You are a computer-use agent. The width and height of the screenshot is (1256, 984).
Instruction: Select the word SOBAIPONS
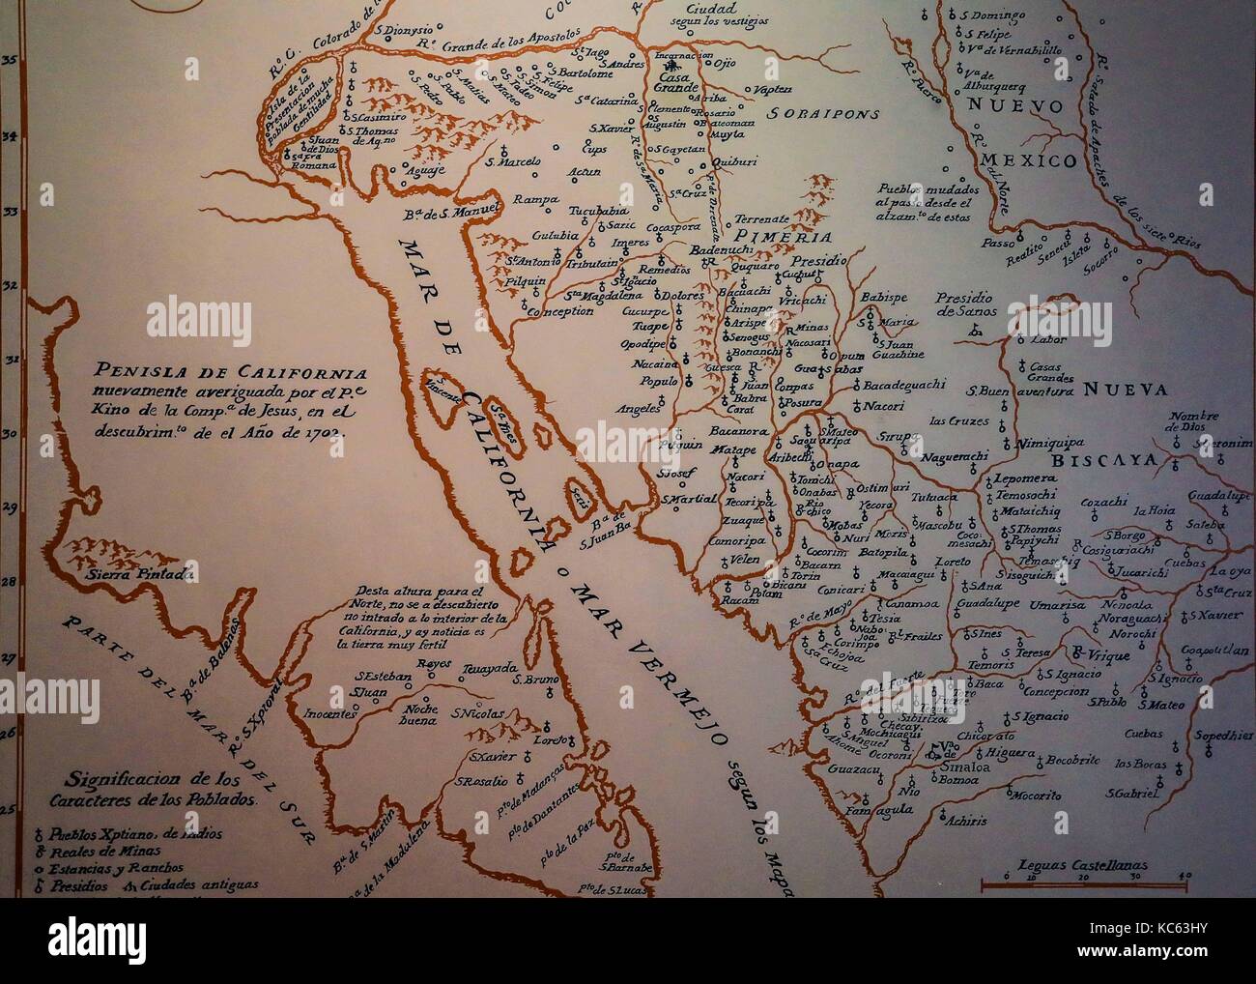[823, 113]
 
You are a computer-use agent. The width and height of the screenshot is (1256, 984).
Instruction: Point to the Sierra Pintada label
[140, 573]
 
